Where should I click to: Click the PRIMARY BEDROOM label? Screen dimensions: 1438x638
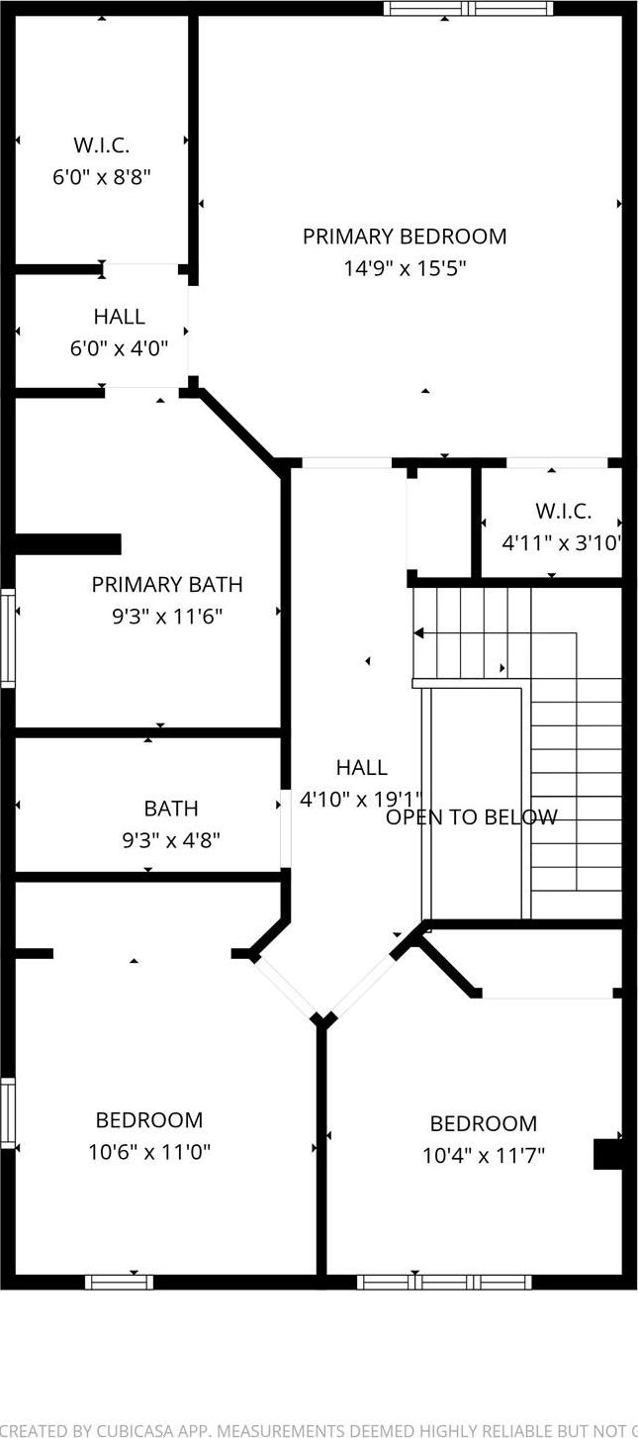(x=405, y=237)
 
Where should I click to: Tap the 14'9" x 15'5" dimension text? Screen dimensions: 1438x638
(x=405, y=268)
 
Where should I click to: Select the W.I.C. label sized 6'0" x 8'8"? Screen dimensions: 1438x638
(x=102, y=145)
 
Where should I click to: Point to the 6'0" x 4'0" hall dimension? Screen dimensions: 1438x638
(x=119, y=348)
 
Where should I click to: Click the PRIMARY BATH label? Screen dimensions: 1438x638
(x=167, y=585)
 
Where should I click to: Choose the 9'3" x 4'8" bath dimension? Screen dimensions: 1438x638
(x=171, y=840)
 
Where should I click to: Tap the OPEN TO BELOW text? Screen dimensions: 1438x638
(x=472, y=817)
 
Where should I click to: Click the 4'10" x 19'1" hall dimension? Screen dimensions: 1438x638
(x=361, y=800)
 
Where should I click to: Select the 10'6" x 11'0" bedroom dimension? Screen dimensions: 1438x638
(x=149, y=1152)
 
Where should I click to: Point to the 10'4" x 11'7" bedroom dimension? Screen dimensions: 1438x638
(x=484, y=1155)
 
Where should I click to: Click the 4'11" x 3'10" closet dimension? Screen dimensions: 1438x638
(x=563, y=543)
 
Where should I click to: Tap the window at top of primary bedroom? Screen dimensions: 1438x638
(x=468, y=9)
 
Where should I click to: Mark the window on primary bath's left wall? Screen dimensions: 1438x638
(x=8, y=637)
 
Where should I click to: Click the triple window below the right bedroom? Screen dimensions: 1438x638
(x=444, y=1282)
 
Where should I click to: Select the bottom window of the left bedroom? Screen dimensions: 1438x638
(x=119, y=1282)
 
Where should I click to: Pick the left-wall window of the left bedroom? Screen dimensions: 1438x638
(x=8, y=1113)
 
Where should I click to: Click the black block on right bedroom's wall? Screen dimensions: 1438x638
(x=606, y=1155)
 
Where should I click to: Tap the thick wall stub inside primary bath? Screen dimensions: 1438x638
(x=67, y=544)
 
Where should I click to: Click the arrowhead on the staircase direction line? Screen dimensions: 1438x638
(x=419, y=632)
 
